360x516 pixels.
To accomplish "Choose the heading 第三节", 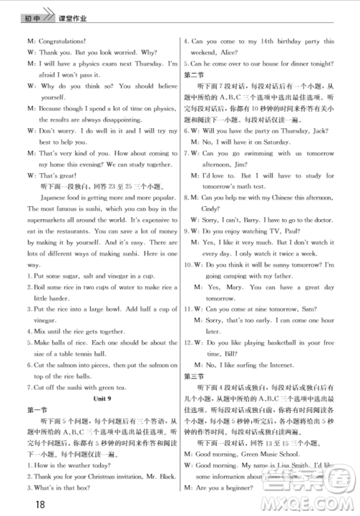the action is (194, 376).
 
